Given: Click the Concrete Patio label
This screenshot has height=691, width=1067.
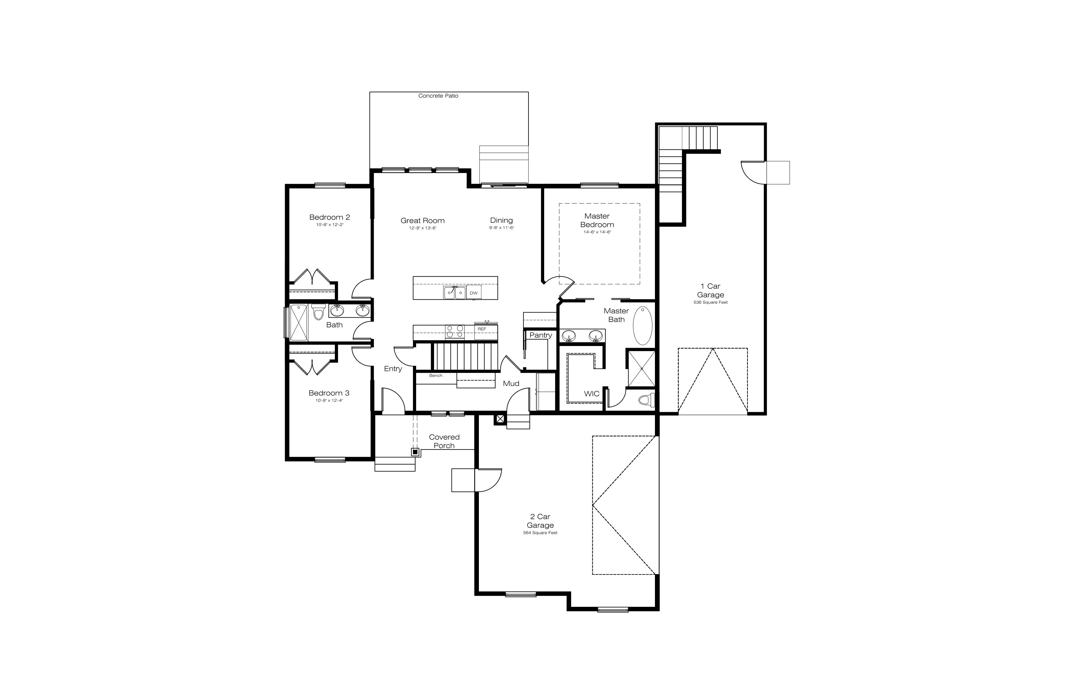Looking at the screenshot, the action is (438, 95).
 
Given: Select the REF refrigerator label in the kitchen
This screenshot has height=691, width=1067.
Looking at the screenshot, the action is (482, 329).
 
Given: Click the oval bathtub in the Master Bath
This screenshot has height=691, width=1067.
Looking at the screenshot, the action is (642, 326).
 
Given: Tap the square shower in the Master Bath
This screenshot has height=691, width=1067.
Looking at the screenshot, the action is (641, 369).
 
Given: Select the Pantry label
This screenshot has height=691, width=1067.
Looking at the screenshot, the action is (541, 335).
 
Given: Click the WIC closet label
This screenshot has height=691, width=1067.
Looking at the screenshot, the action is (591, 394).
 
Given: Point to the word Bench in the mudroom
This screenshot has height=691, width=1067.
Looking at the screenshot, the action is (436, 376).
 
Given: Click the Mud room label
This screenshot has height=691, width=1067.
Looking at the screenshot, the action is (511, 383).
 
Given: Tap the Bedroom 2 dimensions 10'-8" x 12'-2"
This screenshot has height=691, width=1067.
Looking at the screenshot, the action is (330, 224).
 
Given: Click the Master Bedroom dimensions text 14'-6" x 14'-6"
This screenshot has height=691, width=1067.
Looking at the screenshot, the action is (597, 232).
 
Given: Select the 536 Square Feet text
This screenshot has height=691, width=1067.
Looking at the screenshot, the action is (710, 302).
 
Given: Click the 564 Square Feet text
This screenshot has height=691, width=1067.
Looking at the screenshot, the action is (540, 533).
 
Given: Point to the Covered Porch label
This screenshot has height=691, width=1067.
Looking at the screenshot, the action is (444, 441).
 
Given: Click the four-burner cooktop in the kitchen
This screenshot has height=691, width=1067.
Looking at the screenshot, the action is (455, 332).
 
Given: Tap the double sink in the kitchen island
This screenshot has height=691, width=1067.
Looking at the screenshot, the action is (455, 292).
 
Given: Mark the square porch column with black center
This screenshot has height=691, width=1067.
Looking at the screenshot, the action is (415, 452).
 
